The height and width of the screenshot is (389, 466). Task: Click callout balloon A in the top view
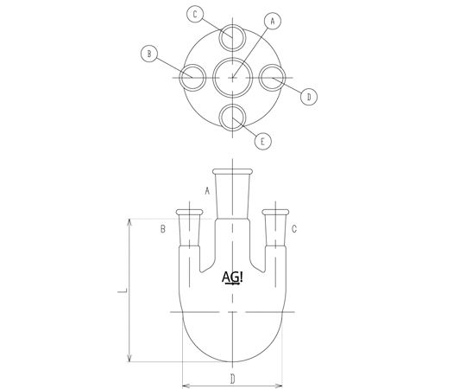coord(272,21)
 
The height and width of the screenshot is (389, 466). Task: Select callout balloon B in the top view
coord(149,54)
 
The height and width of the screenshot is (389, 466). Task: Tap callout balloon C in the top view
coord(195,14)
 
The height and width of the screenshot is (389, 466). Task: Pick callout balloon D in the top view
coord(309,97)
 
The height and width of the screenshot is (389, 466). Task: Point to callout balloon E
coord(262,142)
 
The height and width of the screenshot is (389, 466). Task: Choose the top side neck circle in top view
coord(233,25)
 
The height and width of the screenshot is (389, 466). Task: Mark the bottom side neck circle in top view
coord(233,105)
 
